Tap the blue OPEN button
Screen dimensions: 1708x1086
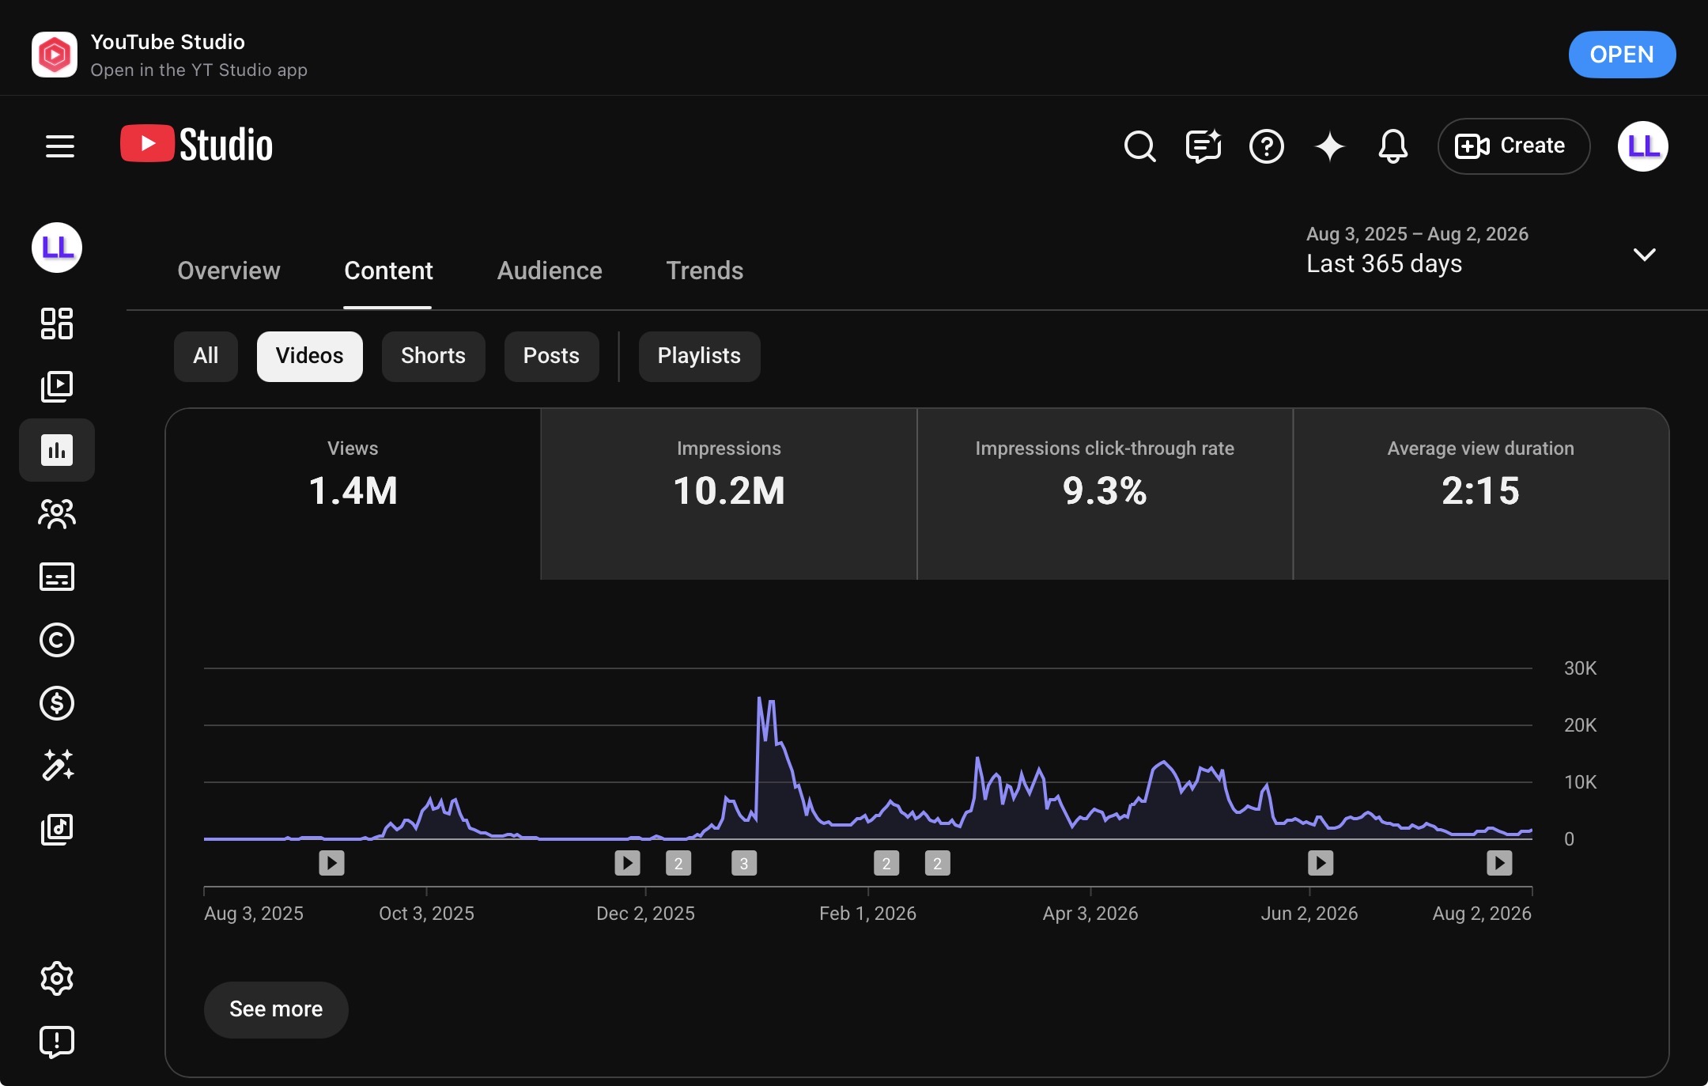coord(1621,55)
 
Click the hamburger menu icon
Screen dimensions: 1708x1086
coord(60,146)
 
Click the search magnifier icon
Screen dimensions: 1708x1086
coord(1139,146)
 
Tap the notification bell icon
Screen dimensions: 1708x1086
coord(1392,146)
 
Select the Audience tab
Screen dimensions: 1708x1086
coord(550,271)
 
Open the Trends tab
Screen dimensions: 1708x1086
coord(705,271)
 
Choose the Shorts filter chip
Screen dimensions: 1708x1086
coord(433,356)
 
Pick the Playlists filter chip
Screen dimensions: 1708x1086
coord(699,356)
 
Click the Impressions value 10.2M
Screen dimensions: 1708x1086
coord(729,490)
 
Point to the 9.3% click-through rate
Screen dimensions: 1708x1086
coord(1105,490)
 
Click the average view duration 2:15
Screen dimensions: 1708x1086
coord(1480,490)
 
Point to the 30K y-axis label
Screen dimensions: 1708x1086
coord(1580,668)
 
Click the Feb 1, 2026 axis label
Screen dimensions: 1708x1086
coord(867,914)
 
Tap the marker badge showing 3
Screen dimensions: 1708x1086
coord(743,863)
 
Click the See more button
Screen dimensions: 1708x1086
coord(276,1009)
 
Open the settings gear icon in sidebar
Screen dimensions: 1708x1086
coord(57,978)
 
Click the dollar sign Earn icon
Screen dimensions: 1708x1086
coord(57,703)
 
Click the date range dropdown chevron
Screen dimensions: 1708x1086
coord(1644,255)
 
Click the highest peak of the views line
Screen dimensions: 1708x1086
coord(759,698)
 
